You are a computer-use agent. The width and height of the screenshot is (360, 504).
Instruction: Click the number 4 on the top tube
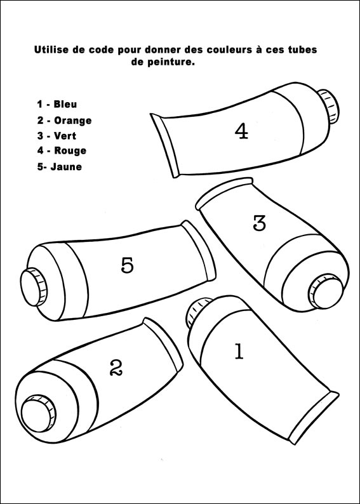coord(242,131)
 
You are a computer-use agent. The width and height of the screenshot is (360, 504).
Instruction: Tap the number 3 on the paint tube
coord(260,223)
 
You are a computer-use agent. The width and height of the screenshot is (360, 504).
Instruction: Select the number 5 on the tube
coord(127,265)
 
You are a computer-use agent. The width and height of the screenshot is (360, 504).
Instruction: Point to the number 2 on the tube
coord(116,368)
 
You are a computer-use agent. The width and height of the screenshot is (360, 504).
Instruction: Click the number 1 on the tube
coord(239,351)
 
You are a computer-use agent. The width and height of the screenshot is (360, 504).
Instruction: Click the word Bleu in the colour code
coord(65,104)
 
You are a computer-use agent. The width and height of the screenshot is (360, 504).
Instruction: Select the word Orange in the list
coord(72,121)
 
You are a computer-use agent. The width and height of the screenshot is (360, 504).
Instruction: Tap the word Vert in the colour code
coord(65,136)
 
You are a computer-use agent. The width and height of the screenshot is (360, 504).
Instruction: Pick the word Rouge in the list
coord(70,150)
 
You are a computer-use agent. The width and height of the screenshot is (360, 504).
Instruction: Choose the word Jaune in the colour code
coord(66,167)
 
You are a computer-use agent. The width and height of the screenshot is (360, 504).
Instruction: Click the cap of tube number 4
coord(329,107)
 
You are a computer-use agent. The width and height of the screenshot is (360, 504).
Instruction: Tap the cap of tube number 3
coord(326,291)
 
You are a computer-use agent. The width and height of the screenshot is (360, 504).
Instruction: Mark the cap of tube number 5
coord(34,287)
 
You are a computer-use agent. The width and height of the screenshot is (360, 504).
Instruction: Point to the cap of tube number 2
coord(38,413)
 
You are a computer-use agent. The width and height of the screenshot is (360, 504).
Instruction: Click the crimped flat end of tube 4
coord(164,145)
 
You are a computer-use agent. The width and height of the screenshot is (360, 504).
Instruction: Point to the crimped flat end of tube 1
coord(314,418)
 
